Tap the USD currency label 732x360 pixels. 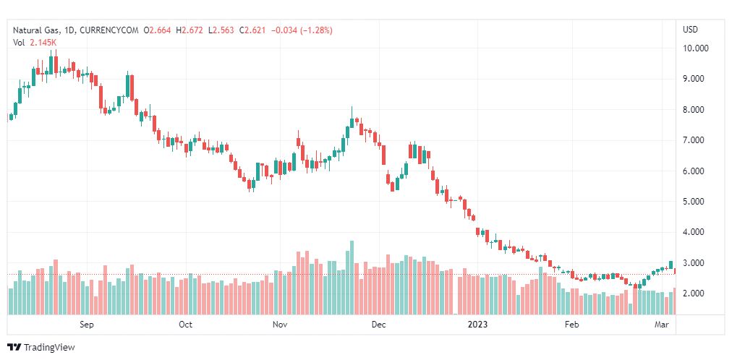690,30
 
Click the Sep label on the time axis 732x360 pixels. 87,325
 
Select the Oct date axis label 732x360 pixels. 186,325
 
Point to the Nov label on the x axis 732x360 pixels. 280,325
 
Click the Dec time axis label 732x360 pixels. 378,325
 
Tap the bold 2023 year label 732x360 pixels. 477,325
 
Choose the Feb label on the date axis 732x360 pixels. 572,325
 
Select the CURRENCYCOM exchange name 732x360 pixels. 109,30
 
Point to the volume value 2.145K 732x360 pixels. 43,42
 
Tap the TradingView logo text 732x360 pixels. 48,348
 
